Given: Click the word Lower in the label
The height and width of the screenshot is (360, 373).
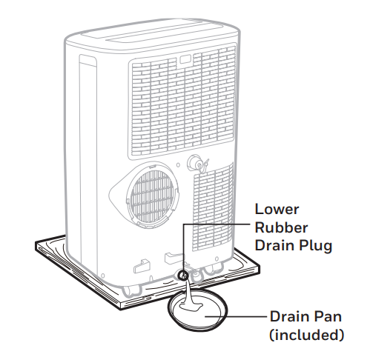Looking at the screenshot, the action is click(x=277, y=210).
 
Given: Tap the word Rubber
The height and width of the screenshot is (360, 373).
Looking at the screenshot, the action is click(x=281, y=227).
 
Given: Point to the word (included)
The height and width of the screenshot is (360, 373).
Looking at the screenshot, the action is click(x=306, y=336).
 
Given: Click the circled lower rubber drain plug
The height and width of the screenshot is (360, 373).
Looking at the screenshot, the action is click(x=183, y=276).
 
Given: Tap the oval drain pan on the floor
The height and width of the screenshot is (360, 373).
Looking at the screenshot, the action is click(x=197, y=310).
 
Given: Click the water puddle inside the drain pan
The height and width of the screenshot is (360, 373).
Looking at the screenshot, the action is click(x=191, y=307).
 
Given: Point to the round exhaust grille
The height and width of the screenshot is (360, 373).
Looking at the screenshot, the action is click(x=153, y=195).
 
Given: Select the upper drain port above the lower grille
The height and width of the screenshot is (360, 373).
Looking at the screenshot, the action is click(x=196, y=162).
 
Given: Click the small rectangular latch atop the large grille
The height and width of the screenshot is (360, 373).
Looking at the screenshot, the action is click(x=185, y=59).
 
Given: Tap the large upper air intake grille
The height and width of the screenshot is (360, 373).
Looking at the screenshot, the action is click(x=182, y=101).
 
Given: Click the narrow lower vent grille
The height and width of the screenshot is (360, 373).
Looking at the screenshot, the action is click(x=213, y=208).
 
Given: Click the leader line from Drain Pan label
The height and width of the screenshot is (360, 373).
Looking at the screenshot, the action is click(x=236, y=316).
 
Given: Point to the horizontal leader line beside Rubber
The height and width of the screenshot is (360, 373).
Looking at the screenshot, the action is click(x=217, y=224).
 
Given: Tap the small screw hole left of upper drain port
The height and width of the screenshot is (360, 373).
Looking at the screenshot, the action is click(x=178, y=165).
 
